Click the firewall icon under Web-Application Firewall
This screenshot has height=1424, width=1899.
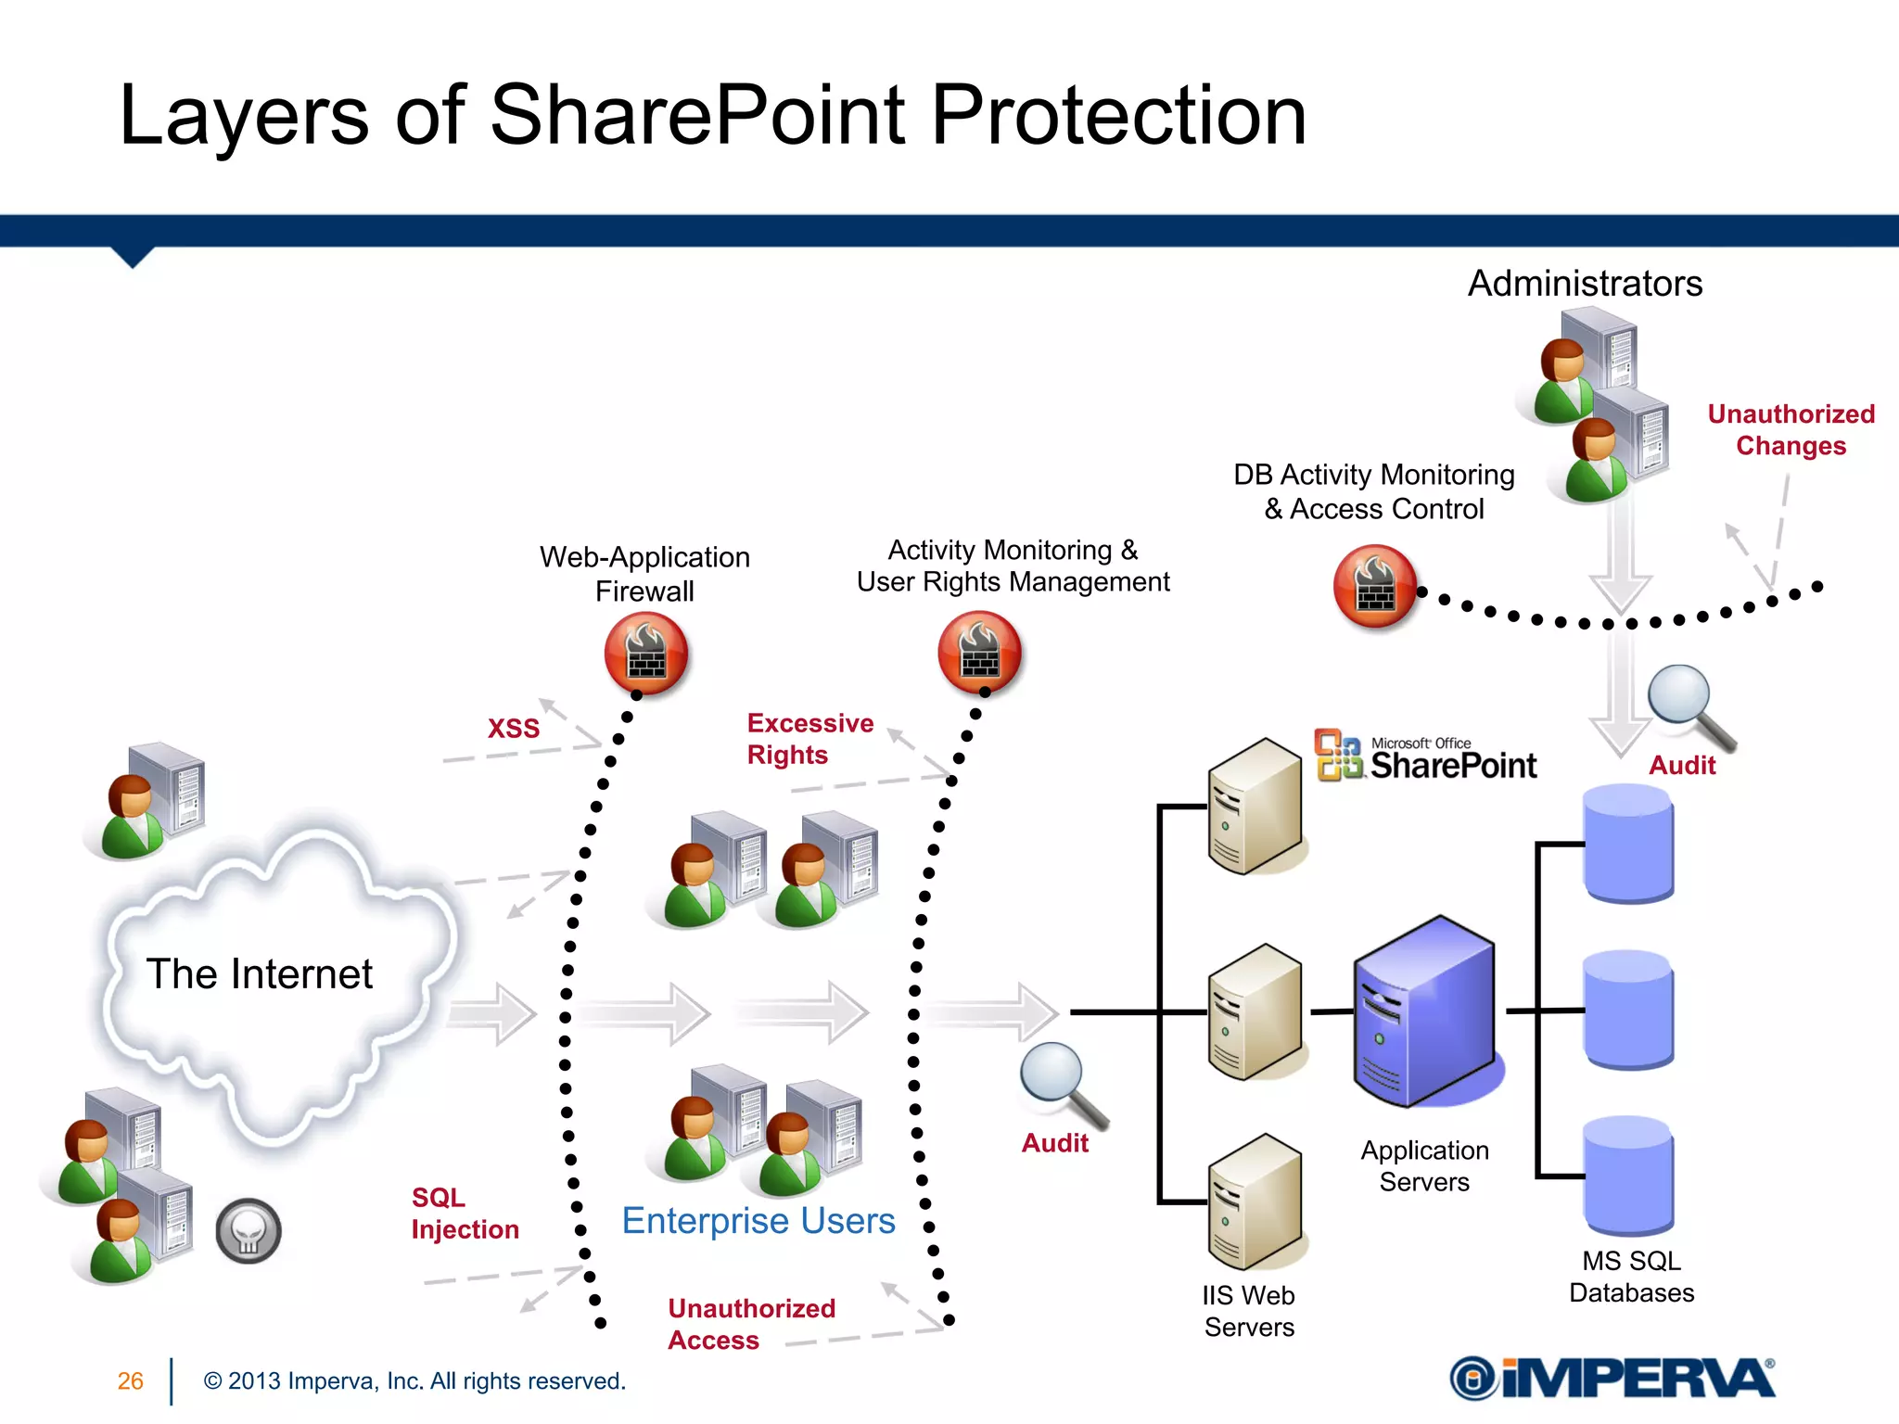point(645,654)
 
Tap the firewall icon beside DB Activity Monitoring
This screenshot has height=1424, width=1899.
point(1375,587)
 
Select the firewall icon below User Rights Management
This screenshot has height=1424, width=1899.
point(979,653)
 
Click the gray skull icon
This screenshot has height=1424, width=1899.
point(249,1231)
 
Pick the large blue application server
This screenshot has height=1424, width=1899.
point(1424,1011)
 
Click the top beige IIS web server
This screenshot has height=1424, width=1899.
point(1255,806)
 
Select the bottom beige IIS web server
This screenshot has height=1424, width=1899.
point(1255,1201)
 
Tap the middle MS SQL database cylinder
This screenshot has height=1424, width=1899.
point(1629,1010)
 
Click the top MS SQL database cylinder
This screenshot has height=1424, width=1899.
point(1629,843)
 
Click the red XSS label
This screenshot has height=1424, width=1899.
point(514,729)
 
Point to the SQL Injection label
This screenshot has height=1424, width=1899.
point(465,1214)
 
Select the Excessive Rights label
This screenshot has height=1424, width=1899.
point(809,739)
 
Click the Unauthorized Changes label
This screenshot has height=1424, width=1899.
point(1791,430)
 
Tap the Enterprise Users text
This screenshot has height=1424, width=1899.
point(758,1221)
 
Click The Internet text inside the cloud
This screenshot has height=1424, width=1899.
point(260,974)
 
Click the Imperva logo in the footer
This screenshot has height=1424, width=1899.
point(1612,1379)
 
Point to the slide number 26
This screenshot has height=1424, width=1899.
point(131,1381)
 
